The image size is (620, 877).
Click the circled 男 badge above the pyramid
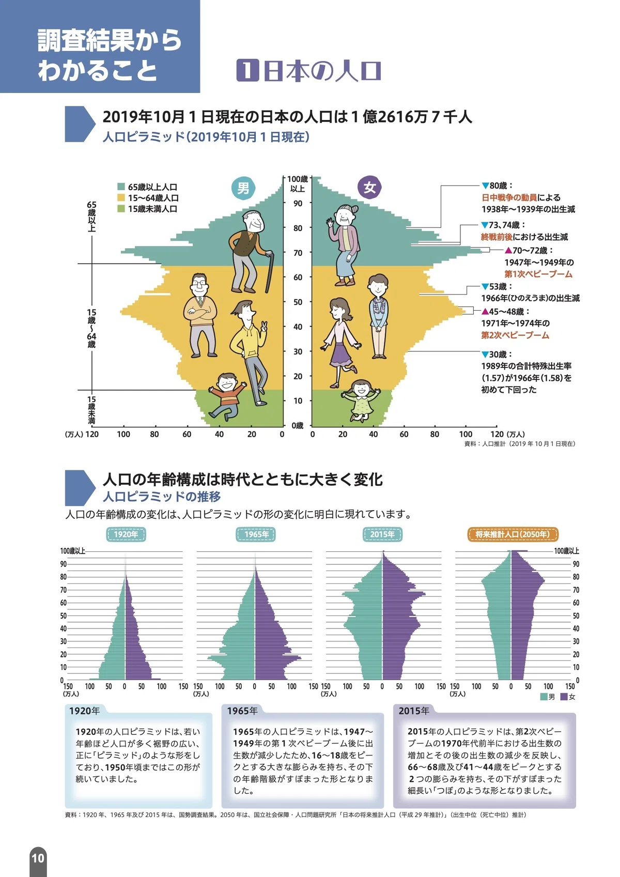pyautogui.click(x=243, y=188)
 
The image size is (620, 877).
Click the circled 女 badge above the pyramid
pyautogui.click(x=369, y=188)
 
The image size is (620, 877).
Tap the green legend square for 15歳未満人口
pyautogui.click(x=121, y=209)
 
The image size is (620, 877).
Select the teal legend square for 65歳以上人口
pyautogui.click(x=121, y=187)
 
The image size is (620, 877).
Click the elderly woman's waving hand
pyautogui.click(x=330, y=223)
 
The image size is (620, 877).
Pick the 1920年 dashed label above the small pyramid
pyautogui.click(x=126, y=534)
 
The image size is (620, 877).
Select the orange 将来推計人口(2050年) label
pyautogui.click(x=513, y=534)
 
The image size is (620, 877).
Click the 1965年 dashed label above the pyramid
pyautogui.click(x=256, y=534)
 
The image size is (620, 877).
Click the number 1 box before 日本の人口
pyautogui.click(x=247, y=70)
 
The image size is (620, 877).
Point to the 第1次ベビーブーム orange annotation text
pyautogui.click(x=538, y=274)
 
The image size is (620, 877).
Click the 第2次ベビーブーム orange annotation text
pyautogui.click(x=515, y=335)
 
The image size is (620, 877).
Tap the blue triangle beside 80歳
pyautogui.click(x=485, y=186)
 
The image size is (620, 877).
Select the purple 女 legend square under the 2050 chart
pyautogui.click(x=564, y=697)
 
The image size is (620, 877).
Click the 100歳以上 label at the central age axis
pyautogui.click(x=298, y=184)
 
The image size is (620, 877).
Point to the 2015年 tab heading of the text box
pyautogui.click(x=414, y=711)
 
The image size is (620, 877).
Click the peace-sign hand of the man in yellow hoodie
pyautogui.click(x=263, y=327)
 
